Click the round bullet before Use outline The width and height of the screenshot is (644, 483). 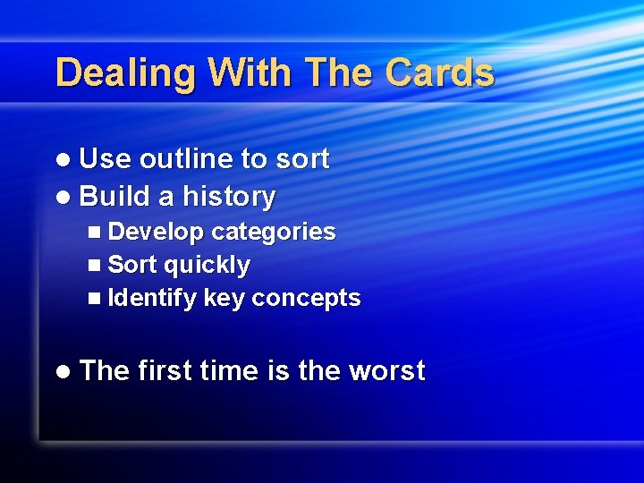tap(62, 160)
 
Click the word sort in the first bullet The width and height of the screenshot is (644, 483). tap(301, 159)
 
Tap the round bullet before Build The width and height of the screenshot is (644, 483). tap(62, 197)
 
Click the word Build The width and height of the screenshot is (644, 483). tap(115, 196)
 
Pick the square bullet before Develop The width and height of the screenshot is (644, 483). tap(96, 232)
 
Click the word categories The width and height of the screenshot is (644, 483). tap(273, 232)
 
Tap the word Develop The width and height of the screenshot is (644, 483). tap(156, 232)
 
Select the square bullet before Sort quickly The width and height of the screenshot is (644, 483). tap(96, 266)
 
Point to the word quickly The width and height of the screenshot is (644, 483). tap(207, 266)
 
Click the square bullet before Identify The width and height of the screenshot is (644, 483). tap(96, 299)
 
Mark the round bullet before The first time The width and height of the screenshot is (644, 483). tap(62, 371)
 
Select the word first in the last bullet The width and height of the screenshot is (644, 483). tap(165, 370)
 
